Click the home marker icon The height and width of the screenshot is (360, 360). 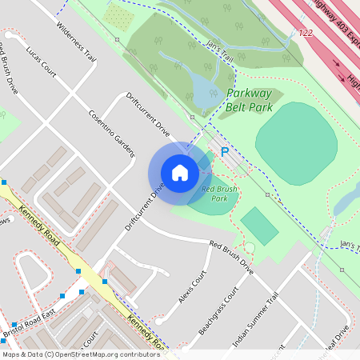[x=180, y=172]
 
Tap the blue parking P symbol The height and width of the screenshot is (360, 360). [x=225, y=151]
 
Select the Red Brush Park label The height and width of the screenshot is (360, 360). [x=220, y=194]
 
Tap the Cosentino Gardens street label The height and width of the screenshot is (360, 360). [x=112, y=133]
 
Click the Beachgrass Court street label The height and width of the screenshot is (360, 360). [x=219, y=307]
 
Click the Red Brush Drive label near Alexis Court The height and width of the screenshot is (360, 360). [x=231, y=258]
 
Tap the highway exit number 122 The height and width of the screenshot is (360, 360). [x=305, y=33]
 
